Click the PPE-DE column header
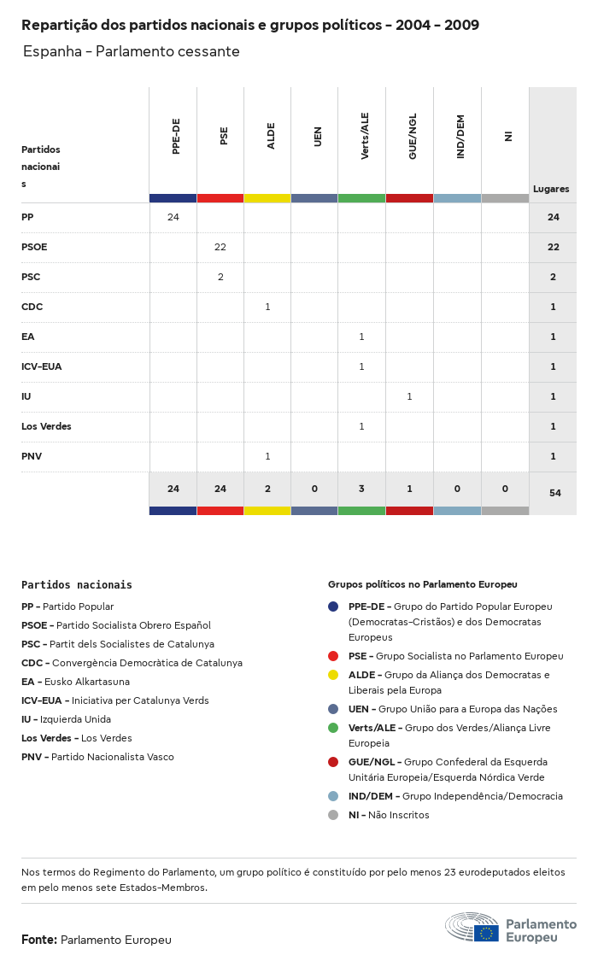[176, 137]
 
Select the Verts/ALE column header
[365, 137]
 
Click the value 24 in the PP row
[173, 217]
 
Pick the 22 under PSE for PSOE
[220, 247]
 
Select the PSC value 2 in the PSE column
[220, 277]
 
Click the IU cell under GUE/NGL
[409, 396]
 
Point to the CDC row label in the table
[32, 307]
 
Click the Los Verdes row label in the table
[46, 426]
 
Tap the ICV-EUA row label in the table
[41, 366]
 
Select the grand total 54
[554, 493]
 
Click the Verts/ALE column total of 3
[361, 489]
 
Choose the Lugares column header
[551, 189]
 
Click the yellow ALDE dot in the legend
[333, 675]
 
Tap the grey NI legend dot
[333, 815]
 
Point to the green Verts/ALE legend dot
[333, 728]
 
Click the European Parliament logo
[510, 927]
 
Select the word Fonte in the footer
[38, 940]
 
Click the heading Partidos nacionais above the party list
[77, 585]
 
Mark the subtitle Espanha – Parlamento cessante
[131, 51]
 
